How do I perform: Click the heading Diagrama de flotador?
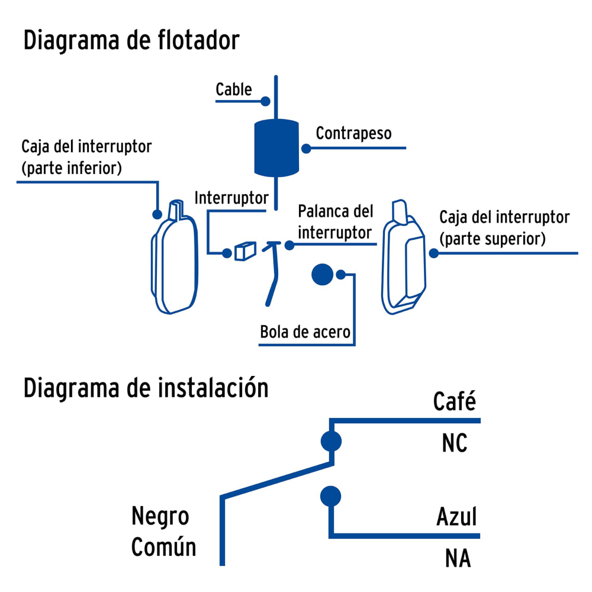pyautogui.click(x=131, y=41)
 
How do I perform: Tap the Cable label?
pyautogui.click(x=233, y=89)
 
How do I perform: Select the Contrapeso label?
pyautogui.click(x=353, y=133)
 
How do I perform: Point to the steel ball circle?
pyautogui.click(x=323, y=275)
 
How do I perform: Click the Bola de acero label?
pyautogui.click(x=305, y=332)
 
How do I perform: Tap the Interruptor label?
pyautogui.click(x=231, y=198)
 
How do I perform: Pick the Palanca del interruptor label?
pyautogui.click(x=335, y=222)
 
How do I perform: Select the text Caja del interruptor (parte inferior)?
pyautogui.click(x=86, y=157)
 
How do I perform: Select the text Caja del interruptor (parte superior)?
pyautogui.click(x=504, y=227)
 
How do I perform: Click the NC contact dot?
pyautogui.click(x=331, y=441)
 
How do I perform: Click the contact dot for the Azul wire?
pyautogui.click(x=331, y=497)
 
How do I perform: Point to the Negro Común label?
pyautogui.click(x=163, y=532)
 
